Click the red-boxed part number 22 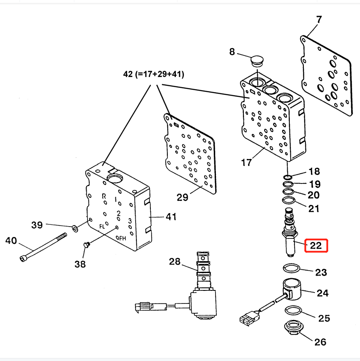coord(316,246)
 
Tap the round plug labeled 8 coord(256,61)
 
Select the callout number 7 coord(319,19)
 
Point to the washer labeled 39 coord(75,229)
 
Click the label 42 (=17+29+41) coord(153,74)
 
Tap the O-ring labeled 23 coord(292,268)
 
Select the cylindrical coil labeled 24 coord(292,290)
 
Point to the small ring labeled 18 coord(288,177)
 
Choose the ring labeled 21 coord(289,200)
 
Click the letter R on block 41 coord(104,196)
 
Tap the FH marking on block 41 coord(123,238)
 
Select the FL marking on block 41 coord(102,227)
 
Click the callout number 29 coord(182,197)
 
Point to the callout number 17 coord(246,163)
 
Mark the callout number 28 coord(175,262)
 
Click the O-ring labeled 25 coord(293,310)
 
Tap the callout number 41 coord(171,217)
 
